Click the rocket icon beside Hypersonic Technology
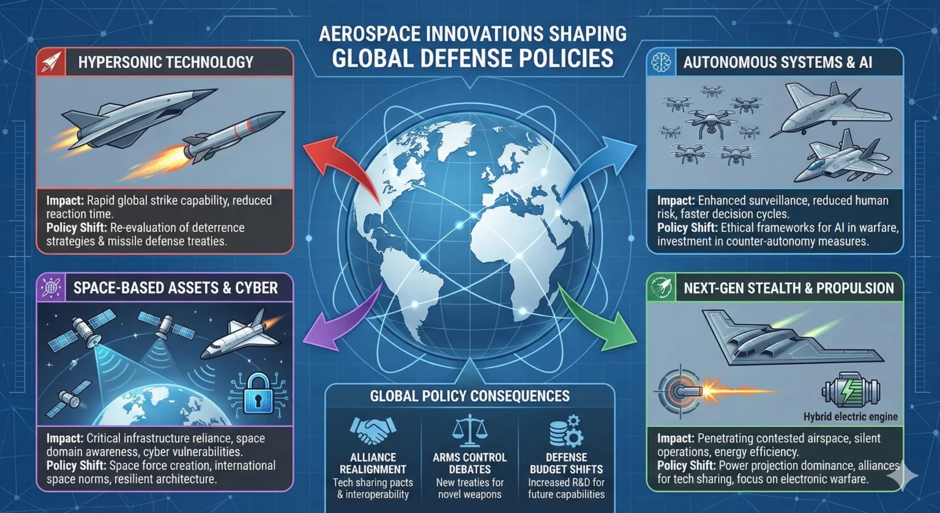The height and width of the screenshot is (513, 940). tap(51, 62)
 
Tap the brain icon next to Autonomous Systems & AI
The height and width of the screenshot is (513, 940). tap(662, 62)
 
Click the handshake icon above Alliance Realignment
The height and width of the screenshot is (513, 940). tap(373, 430)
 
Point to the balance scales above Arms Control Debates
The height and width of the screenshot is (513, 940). tap(469, 430)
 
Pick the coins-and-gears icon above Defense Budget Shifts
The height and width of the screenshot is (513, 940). tap(565, 430)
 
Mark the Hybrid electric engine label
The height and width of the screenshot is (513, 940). tap(850, 417)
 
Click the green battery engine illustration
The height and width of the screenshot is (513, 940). tap(851, 390)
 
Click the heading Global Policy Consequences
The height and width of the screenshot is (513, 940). tap(469, 396)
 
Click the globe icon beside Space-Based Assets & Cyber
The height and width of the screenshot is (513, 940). tap(51, 287)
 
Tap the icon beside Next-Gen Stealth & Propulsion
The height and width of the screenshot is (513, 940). tap(662, 287)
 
